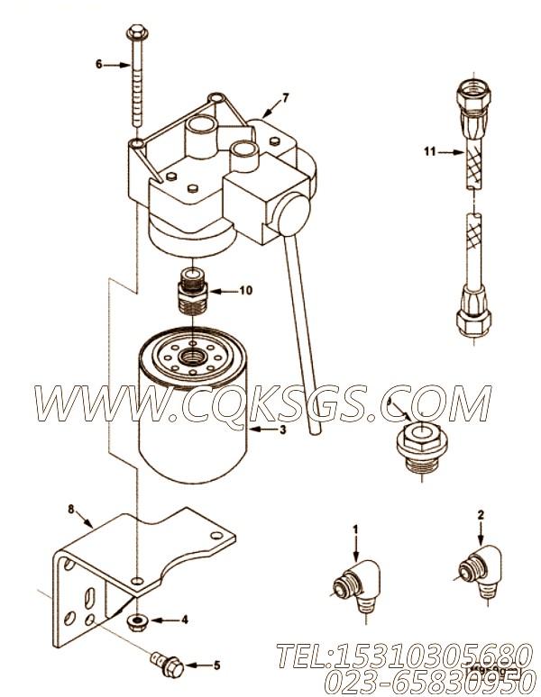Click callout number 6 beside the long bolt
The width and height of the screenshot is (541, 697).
click(98, 65)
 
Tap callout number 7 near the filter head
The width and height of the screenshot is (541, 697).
click(285, 96)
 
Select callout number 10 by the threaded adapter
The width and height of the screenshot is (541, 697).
click(246, 291)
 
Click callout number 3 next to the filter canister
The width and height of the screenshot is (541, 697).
click(284, 430)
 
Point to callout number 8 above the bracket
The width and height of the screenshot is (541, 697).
click(72, 509)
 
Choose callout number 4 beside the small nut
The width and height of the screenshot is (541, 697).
click(185, 620)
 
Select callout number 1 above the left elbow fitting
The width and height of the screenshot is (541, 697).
click(355, 529)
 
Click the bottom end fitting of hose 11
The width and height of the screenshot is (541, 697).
click(470, 313)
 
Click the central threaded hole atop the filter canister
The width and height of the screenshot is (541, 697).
click(194, 357)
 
